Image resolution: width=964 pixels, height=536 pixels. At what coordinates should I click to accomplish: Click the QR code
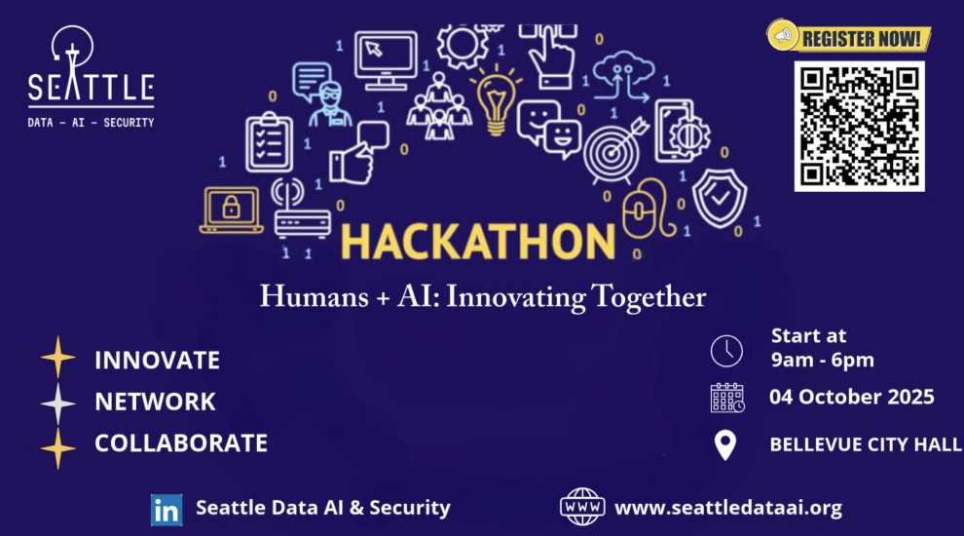[859, 126]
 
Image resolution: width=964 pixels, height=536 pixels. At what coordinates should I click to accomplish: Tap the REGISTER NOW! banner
[849, 37]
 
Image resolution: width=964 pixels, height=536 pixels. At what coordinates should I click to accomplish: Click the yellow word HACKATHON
[478, 242]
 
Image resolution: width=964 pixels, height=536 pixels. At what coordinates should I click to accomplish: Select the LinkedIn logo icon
[167, 510]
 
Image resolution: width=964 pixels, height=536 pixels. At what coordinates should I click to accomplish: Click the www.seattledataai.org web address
[728, 508]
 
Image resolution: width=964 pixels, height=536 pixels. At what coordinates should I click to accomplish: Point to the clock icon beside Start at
[726, 351]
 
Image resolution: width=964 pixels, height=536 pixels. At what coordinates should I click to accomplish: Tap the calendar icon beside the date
[727, 398]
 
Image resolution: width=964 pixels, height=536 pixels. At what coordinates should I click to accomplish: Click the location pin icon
[725, 444]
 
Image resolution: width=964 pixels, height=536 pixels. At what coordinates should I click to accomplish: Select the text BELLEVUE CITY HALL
[866, 444]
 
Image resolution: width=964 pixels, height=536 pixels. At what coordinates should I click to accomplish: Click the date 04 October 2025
[851, 397]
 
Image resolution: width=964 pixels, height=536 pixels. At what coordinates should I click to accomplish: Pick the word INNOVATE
[157, 361]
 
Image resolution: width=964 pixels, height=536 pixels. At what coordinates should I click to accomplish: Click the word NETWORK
[155, 402]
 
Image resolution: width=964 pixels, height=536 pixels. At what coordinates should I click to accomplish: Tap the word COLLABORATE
[181, 443]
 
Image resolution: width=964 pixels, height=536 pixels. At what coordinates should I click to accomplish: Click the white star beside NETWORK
[57, 403]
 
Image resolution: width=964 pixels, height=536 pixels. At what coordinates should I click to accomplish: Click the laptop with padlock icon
[231, 210]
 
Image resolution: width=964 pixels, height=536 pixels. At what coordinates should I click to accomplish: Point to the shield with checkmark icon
[720, 198]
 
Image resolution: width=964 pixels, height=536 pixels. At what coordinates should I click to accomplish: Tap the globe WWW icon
[582, 507]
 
